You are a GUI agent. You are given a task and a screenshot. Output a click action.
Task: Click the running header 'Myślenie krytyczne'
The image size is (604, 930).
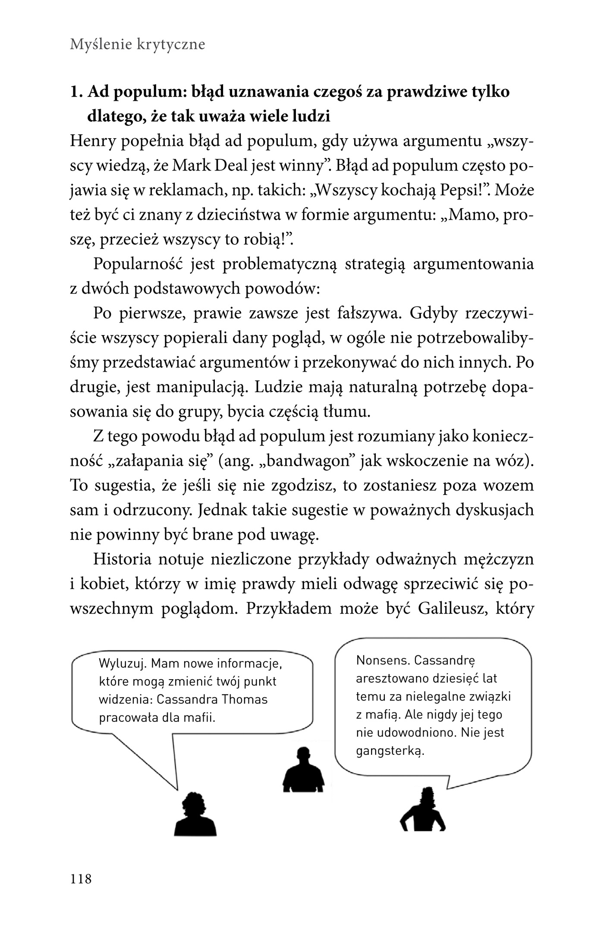[x=137, y=44]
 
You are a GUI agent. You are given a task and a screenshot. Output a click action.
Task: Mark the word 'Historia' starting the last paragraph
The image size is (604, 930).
[x=122, y=559]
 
